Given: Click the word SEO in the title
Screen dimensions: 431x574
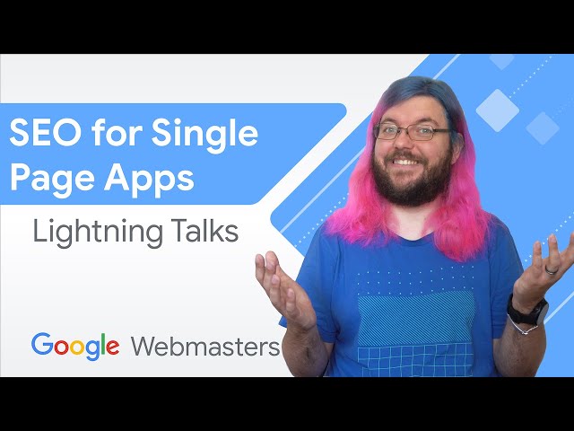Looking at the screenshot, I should tap(40, 134).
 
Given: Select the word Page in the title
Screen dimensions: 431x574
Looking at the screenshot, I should tap(44, 178).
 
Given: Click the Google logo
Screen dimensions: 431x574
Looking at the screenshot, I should tap(75, 347).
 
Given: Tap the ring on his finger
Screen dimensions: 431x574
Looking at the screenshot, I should tap(552, 268).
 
